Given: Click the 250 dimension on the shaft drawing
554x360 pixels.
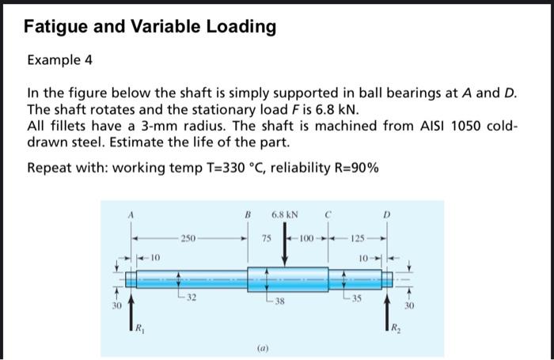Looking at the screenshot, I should pyautogui.click(x=188, y=237).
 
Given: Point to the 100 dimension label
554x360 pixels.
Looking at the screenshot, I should pyautogui.click(x=305, y=238).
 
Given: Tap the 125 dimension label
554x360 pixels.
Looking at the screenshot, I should pyautogui.click(x=358, y=238).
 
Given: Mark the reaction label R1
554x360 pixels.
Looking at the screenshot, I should pyautogui.click(x=139, y=328).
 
